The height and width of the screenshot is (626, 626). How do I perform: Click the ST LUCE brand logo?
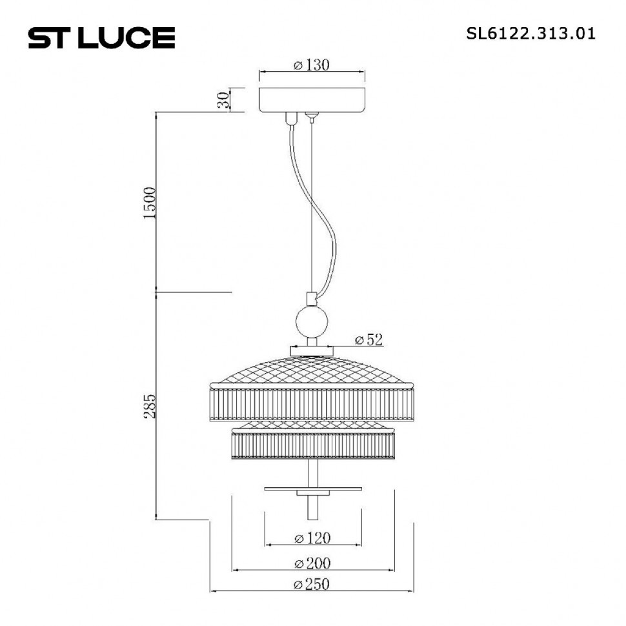(x=101, y=37)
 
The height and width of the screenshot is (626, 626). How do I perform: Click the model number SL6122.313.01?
(x=530, y=34)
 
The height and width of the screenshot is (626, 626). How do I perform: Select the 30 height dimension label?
(x=223, y=100)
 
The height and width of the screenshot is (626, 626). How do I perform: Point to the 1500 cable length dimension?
(x=150, y=203)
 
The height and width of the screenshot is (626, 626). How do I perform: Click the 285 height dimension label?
(x=150, y=406)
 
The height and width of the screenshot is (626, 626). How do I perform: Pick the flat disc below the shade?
(x=312, y=489)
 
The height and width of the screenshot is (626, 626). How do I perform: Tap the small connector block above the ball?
(x=312, y=299)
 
